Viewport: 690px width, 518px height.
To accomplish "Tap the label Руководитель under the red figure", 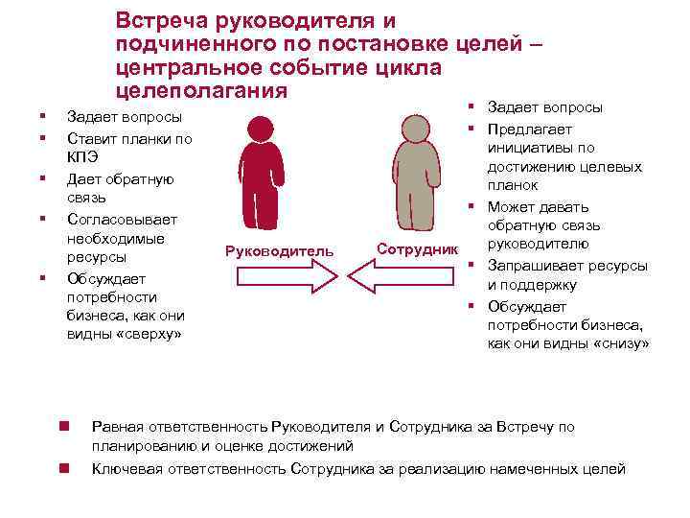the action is point(279,251).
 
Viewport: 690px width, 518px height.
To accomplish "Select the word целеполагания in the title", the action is point(200,91).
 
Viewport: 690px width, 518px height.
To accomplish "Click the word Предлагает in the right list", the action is point(527,129).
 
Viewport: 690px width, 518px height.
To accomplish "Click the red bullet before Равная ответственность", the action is point(61,425).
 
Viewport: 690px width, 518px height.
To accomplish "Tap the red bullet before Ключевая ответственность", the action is point(61,468).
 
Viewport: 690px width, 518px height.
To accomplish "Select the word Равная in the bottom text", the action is point(114,427).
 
